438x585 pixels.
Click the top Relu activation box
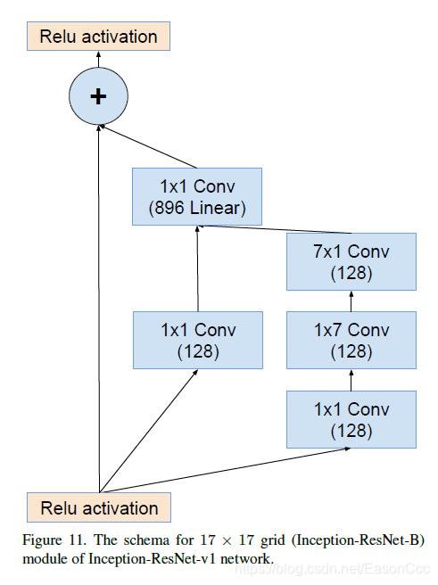coord(98,37)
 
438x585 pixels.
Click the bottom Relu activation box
coord(98,508)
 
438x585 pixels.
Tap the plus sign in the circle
coord(98,96)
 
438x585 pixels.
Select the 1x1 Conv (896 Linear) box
coord(197,198)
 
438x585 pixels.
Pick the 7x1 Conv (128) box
coord(351,262)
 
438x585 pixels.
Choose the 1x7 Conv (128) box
coord(351,340)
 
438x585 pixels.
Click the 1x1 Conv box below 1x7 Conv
coord(351,419)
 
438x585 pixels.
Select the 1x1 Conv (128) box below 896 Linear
coord(197,340)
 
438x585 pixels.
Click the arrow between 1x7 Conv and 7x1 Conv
coord(351,301)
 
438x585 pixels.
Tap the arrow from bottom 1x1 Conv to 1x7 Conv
coord(351,380)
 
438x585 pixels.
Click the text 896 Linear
coord(197,210)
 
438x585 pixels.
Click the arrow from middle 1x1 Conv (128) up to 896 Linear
coord(197,268)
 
